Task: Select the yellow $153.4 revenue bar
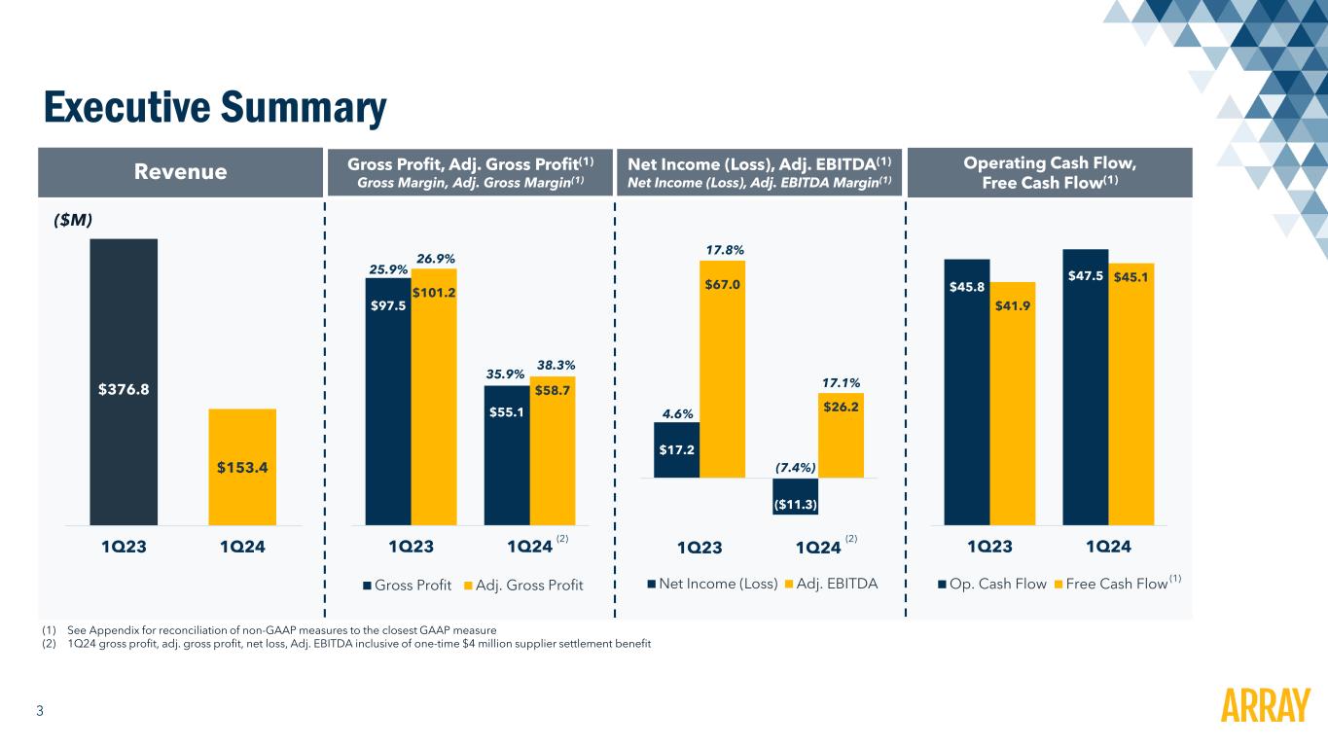click(x=242, y=467)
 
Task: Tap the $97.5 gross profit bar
click(x=387, y=401)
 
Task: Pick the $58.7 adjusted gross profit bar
click(x=552, y=449)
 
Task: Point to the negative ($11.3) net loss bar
click(x=795, y=496)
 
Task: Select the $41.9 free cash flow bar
click(x=1012, y=404)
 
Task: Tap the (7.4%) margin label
click(x=796, y=468)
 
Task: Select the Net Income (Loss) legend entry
click(x=713, y=584)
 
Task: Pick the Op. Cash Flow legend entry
click(x=993, y=584)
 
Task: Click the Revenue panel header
click(x=180, y=172)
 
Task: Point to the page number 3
click(x=40, y=711)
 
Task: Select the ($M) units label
click(x=72, y=221)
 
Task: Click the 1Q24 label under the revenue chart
click(x=242, y=546)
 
